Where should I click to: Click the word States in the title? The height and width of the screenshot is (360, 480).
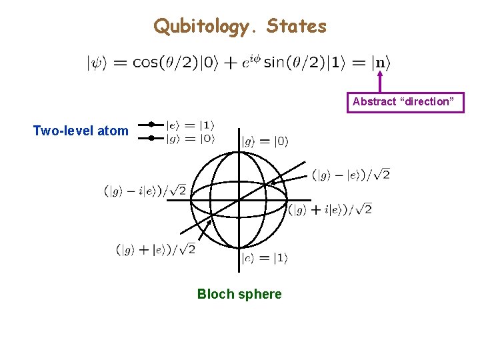pyautogui.click(x=297, y=27)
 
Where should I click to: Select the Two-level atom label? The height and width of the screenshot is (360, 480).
pyautogui.click(x=81, y=131)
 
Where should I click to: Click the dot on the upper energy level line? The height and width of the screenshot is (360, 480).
pyautogui.click(x=151, y=124)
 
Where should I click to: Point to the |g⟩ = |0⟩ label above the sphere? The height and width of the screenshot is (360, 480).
pyautogui.click(x=265, y=141)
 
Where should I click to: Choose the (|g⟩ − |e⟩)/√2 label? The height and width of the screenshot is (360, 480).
pyautogui.click(x=351, y=175)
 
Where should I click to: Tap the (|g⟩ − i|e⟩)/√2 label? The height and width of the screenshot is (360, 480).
pyautogui.click(x=145, y=191)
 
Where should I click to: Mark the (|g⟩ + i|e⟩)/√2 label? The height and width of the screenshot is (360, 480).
pyautogui.click(x=330, y=209)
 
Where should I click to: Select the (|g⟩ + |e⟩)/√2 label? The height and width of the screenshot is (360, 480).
pyautogui.click(x=156, y=250)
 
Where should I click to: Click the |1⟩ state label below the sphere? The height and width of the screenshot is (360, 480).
pyautogui.click(x=265, y=258)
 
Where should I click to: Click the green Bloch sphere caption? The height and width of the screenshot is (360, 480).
pyautogui.click(x=239, y=294)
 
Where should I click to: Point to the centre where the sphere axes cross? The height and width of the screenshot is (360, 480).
pyautogui.click(x=239, y=200)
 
